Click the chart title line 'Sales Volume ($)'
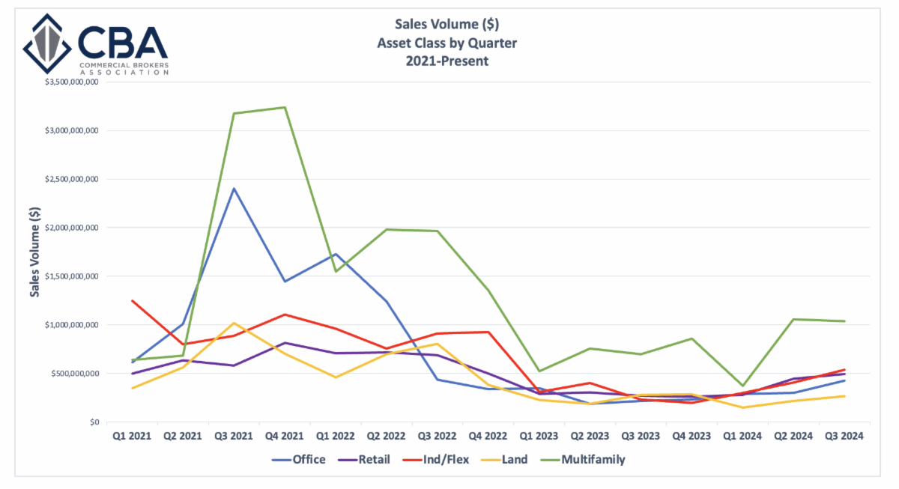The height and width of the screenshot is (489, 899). point(447,24)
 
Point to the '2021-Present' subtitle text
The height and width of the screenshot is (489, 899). point(447,61)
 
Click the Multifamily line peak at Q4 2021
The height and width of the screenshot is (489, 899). point(285,107)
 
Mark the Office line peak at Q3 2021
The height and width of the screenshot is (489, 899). point(234,189)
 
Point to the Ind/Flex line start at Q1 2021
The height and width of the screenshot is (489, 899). point(133,301)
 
